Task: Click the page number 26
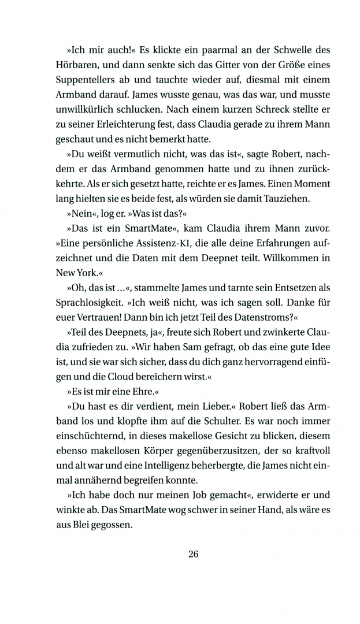click(x=193, y=554)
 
